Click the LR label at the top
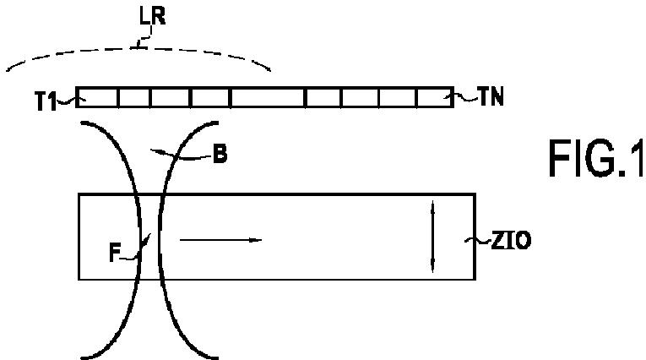tap(153, 17)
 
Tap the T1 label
tap(46, 101)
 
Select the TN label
tap(491, 96)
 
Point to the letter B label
tap(220, 155)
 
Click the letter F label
tap(115, 253)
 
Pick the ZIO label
tap(511, 240)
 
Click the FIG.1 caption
tap(596, 158)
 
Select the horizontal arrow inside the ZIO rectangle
tap(221, 240)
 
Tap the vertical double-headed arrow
tap(432, 237)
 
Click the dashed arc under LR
tap(138, 49)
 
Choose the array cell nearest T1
tap(98, 97)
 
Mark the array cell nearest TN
tap(436, 97)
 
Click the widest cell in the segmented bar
tap(269, 97)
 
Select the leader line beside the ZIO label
tap(478, 240)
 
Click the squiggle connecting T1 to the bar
tap(68, 101)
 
